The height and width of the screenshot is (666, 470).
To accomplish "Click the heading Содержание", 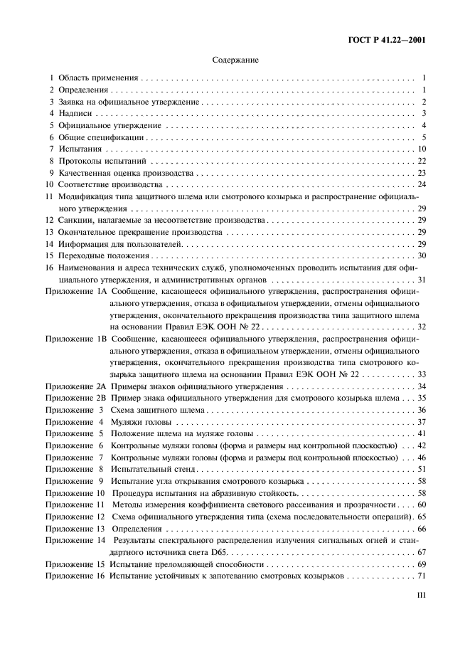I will click(x=235, y=60).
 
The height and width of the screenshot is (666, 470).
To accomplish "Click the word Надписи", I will click(x=75, y=113).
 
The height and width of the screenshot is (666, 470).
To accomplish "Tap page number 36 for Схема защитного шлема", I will click(x=421, y=411).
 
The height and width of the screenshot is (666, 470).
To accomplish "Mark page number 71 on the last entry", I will click(x=421, y=576).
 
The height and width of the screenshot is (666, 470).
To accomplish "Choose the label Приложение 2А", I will click(x=75, y=386).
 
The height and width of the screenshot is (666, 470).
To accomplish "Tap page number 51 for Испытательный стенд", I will click(x=421, y=470).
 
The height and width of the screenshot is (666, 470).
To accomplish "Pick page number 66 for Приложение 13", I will click(x=421, y=529).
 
